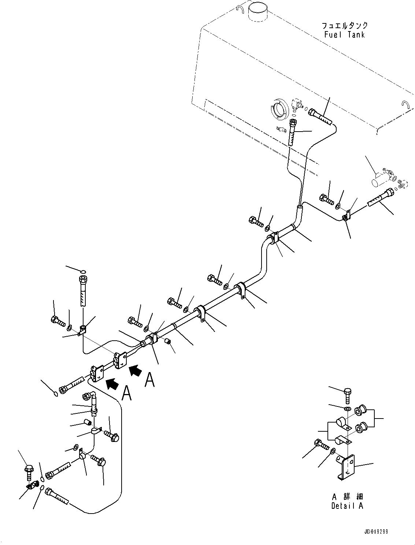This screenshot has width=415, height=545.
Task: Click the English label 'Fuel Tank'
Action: (345, 34)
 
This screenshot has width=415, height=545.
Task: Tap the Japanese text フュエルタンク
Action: (345, 26)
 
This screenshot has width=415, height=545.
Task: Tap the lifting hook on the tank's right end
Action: (405, 104)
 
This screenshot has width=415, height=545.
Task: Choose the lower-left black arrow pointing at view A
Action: (112, 390)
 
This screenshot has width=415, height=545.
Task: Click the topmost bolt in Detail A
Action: (348, 400)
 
